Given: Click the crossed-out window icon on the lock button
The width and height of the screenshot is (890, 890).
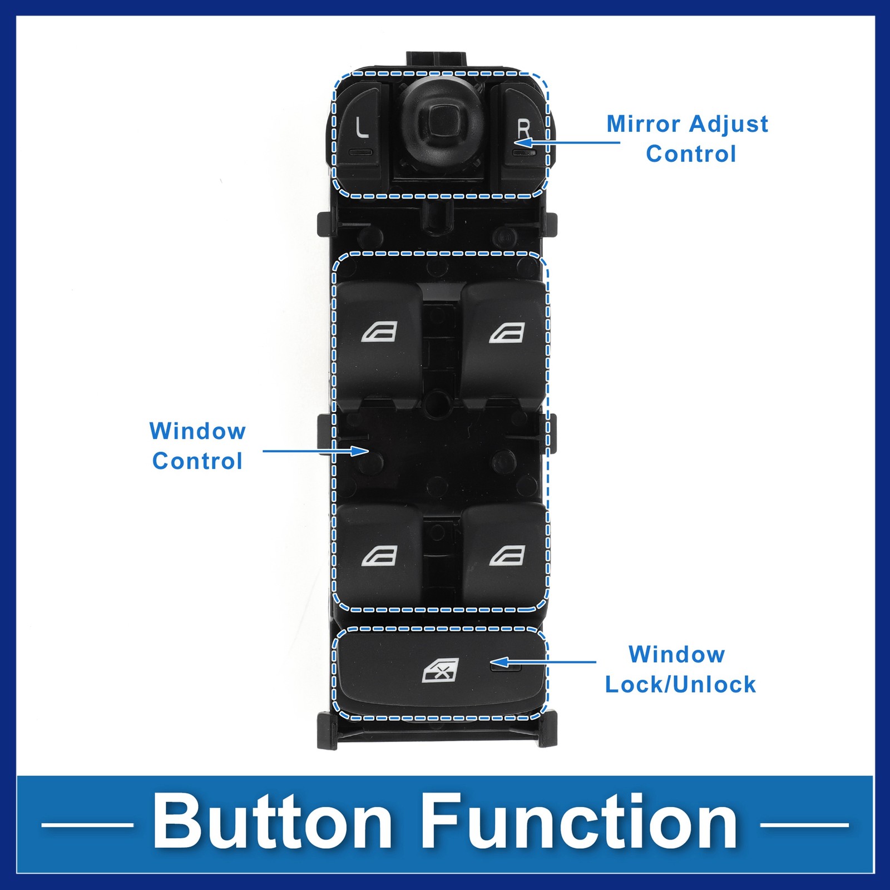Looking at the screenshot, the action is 441,671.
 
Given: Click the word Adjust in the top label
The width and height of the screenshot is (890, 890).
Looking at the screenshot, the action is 729,124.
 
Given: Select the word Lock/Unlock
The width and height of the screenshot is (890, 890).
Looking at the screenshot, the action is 680,685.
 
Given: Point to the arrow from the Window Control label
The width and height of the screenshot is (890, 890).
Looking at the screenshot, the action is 315,451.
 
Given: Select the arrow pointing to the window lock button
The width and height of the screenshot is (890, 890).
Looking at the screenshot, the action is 542,662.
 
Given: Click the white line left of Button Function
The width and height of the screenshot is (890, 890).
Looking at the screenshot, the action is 87,825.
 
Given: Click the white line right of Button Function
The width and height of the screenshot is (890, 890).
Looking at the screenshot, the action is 804,825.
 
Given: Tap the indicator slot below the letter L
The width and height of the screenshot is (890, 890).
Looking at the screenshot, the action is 360,152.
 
